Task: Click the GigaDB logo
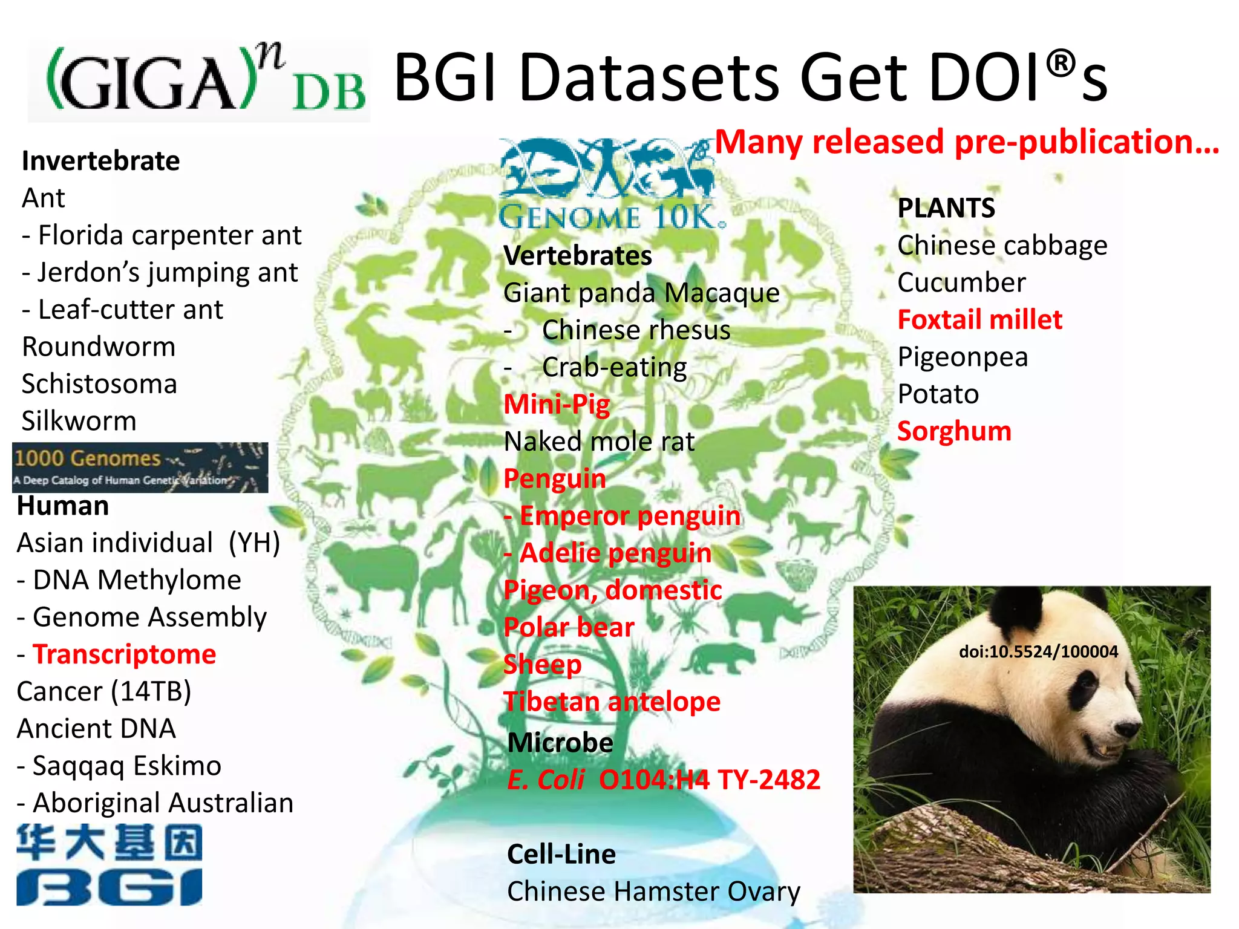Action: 200,80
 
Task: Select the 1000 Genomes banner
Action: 140,467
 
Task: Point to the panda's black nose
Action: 1127,729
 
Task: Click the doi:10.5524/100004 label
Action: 1038,651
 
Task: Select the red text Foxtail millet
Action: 979,319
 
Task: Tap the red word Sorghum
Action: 954,431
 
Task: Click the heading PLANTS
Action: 946,208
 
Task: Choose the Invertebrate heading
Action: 100,161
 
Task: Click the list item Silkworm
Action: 79,421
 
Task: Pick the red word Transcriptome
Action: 124,654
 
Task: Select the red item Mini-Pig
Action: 557,404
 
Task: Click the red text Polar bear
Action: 569,627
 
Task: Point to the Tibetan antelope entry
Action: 612,702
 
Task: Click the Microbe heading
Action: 560,743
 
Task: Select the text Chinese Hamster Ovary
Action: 653,892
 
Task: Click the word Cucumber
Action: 961,282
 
